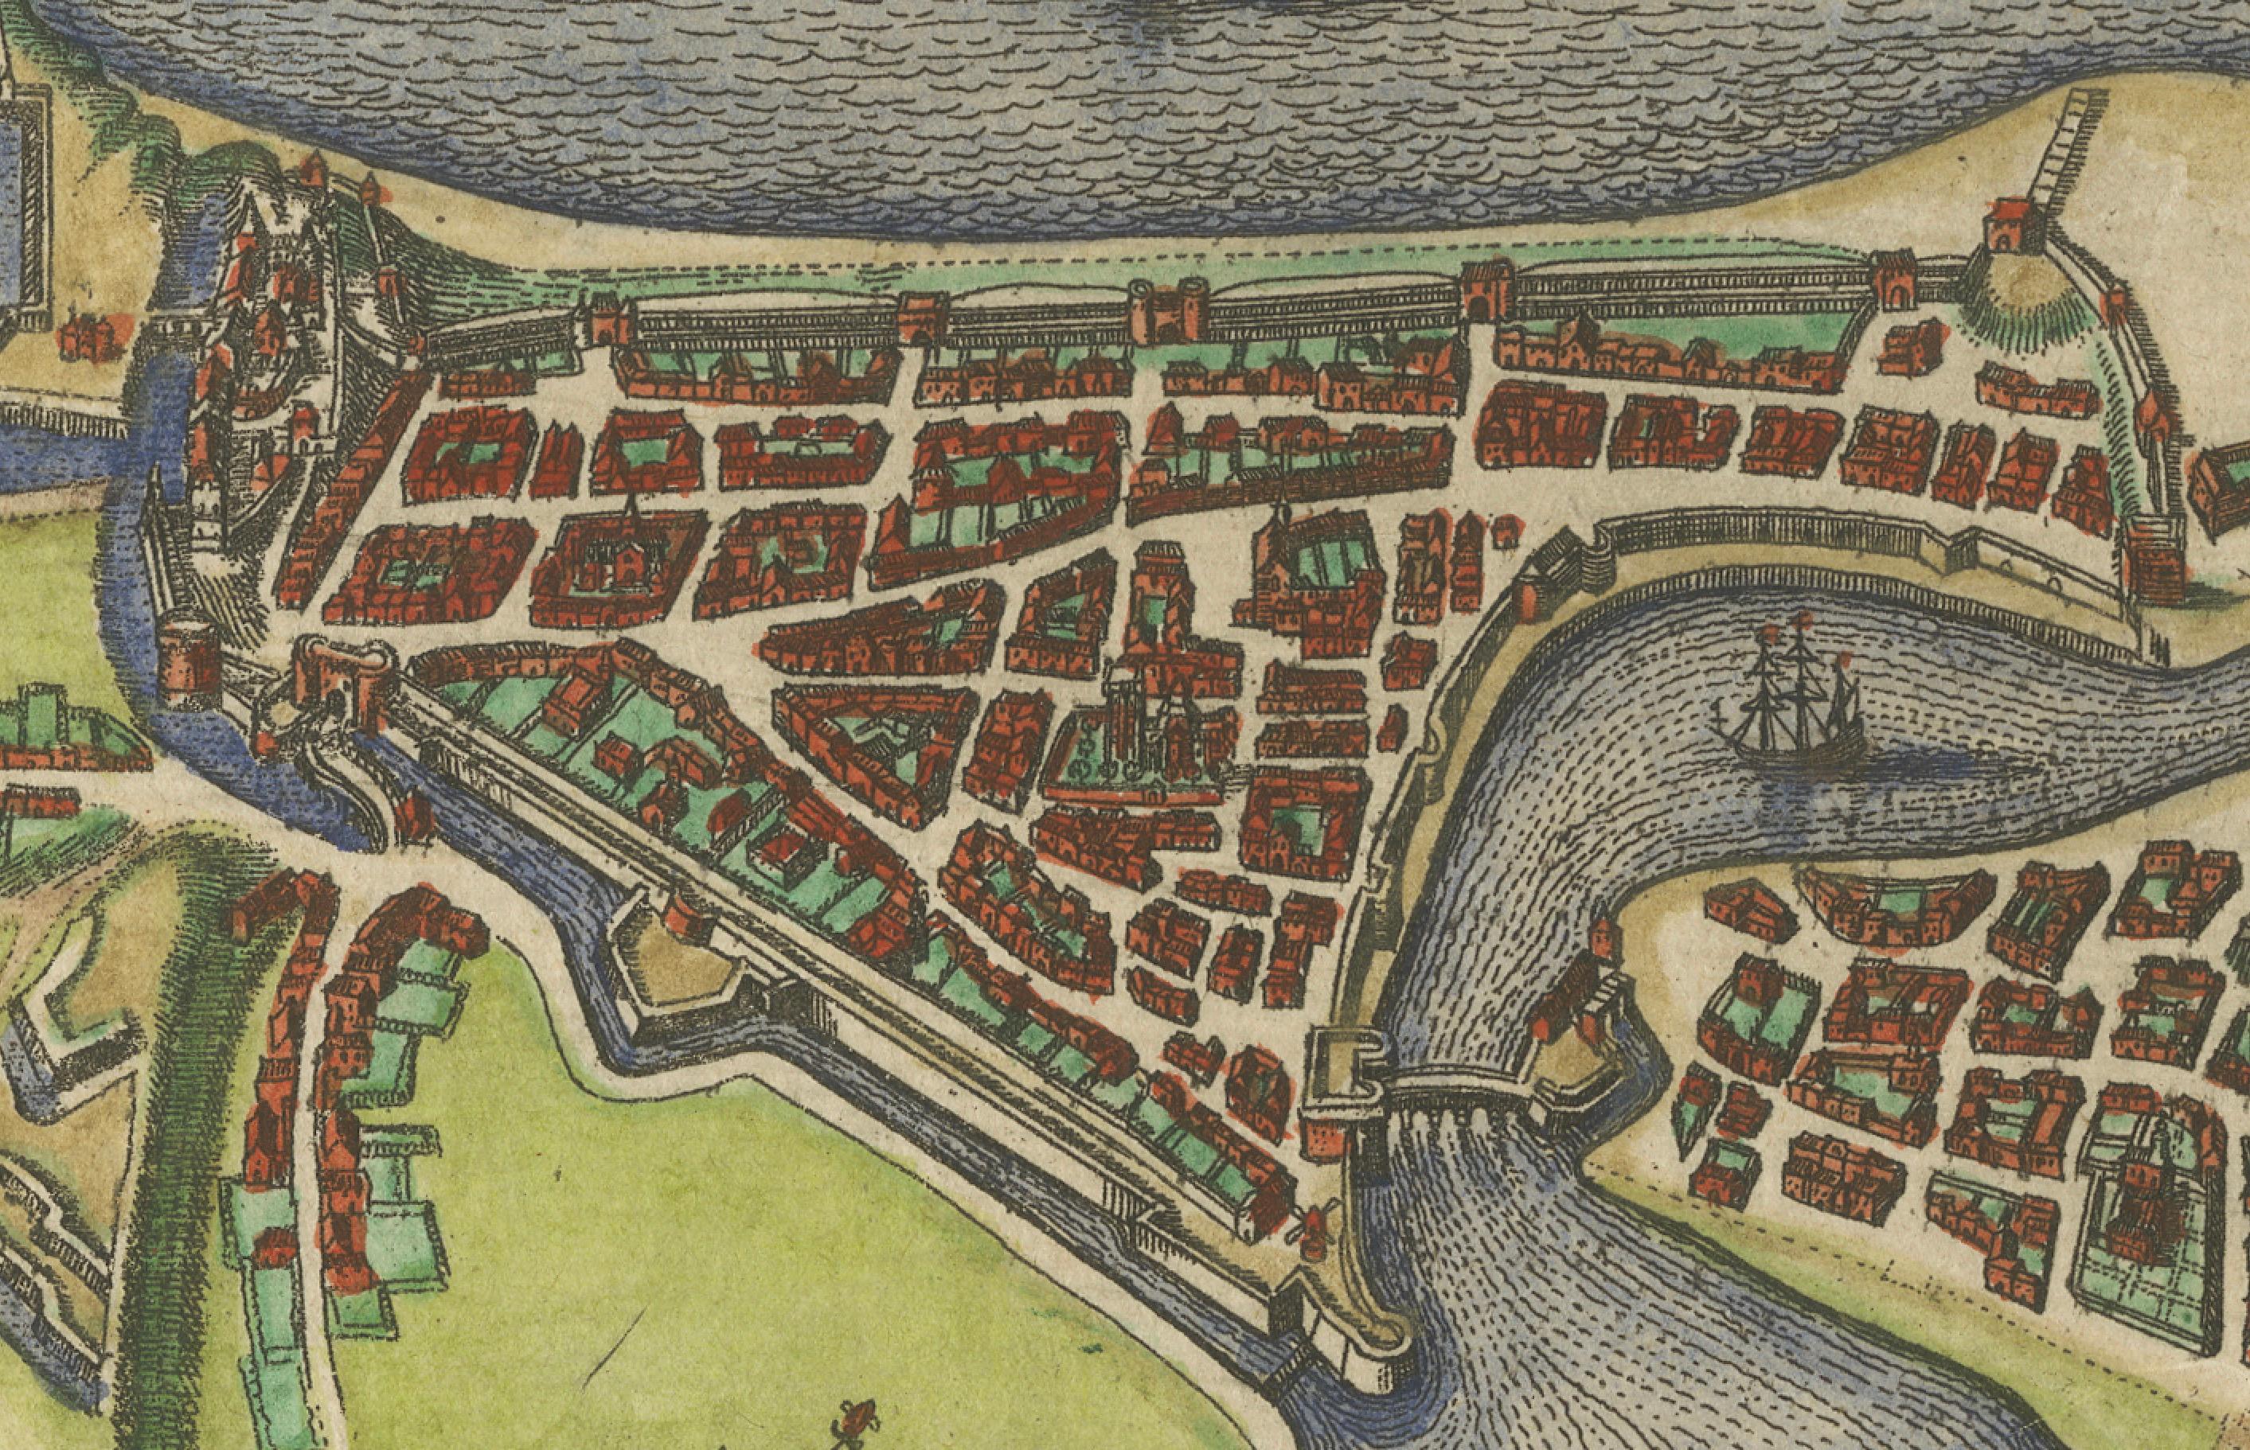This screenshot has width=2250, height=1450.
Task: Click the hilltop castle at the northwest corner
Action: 273,283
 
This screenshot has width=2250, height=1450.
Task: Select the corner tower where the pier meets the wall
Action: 2002,226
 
